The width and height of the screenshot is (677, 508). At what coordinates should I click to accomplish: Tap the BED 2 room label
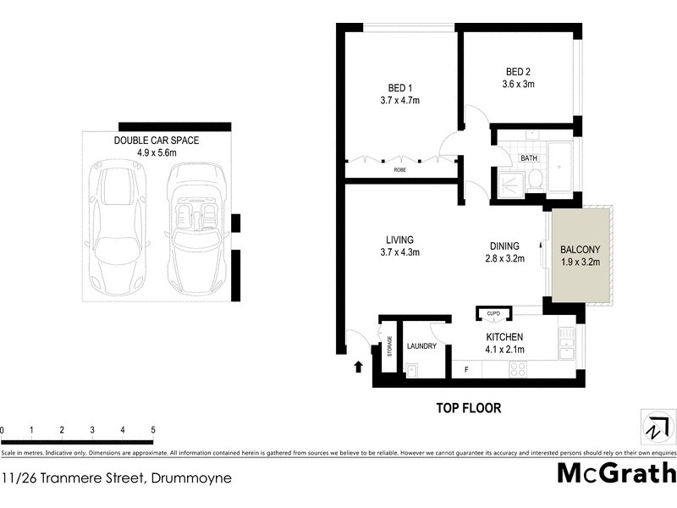coord(519,72)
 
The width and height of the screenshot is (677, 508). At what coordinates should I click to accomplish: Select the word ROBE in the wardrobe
coord(399,170)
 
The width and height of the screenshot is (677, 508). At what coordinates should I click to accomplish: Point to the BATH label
coord(529,158)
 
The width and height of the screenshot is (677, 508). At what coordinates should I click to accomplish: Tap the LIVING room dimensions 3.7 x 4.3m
coord(400,252)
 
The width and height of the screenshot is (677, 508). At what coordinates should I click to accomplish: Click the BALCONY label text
coord(580,250)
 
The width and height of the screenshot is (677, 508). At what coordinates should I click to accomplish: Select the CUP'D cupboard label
coord(493,314)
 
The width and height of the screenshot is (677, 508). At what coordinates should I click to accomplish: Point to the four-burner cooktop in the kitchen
coord(517,368)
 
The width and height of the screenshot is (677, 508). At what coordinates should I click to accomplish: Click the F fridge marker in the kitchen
coord(466,369)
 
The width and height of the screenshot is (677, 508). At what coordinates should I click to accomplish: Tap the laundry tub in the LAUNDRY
coord(412,368)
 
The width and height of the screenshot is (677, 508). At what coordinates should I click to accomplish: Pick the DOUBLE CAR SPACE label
coord(157,141)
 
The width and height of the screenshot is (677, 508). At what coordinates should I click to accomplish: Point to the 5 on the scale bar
coord(152,431)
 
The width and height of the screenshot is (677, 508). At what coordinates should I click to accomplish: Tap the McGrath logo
coord(616,472)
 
